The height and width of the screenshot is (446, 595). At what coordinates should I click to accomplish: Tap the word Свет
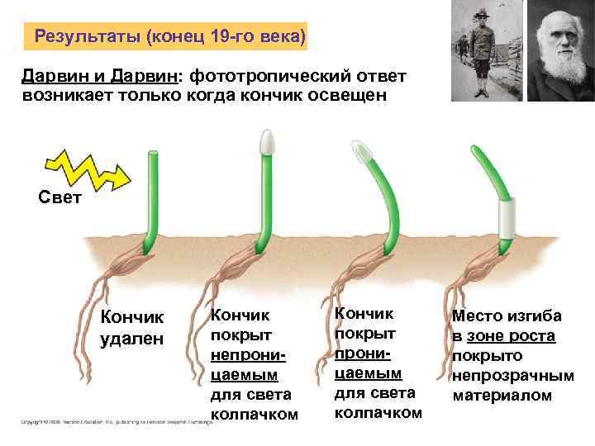tap(60, 198)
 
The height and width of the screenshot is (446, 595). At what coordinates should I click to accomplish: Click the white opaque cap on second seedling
tap(267, 141)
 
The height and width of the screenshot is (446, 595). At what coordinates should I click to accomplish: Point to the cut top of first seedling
tap(153, 153)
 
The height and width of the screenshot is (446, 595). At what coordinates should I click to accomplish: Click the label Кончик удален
tap(132, 329)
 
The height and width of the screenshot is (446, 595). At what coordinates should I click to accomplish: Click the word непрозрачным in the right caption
tap(513, 376)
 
